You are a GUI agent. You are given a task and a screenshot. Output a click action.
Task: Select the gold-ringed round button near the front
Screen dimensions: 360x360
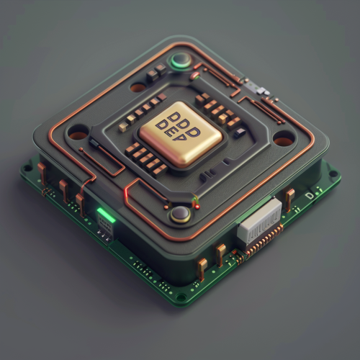(180, 213)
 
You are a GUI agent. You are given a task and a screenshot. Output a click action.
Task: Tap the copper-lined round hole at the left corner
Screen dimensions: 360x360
(78, 132)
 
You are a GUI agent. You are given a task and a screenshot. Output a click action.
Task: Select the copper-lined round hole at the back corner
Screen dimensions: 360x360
(138, 88)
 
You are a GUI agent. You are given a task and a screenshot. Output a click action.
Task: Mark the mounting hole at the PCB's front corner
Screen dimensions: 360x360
(181, 296)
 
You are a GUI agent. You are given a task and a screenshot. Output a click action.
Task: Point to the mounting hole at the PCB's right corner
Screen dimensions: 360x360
(333, 174)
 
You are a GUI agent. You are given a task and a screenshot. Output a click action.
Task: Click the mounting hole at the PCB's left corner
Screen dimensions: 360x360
(27, 170)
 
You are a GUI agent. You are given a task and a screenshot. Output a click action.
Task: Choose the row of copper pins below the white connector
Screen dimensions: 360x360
(263, 243)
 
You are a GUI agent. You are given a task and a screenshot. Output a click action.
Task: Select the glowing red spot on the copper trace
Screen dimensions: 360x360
(126, 190)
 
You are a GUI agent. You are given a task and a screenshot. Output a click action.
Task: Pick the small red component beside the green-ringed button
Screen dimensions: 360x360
(194, 75)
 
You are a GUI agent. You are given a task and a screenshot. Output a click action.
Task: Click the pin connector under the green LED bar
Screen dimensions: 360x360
(105, 229)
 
